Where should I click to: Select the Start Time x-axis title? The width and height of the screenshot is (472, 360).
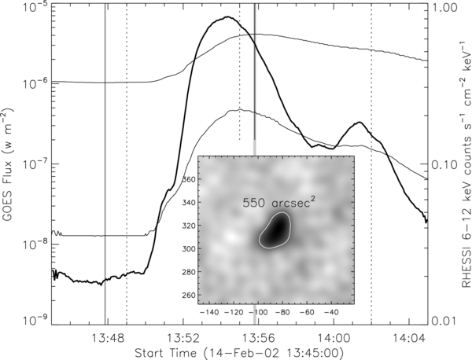click(x=232, y=351)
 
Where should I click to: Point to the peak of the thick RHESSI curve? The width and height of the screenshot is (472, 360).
click(x=227, y=17)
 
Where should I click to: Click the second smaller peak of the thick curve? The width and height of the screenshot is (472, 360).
click(x=359, y=123)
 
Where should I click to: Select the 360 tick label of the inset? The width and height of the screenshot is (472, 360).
click(x=209, y=180)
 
